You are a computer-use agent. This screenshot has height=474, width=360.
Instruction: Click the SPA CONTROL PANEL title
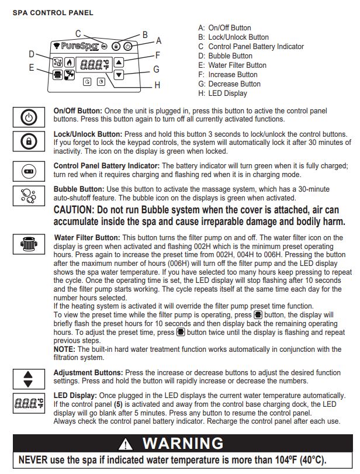[53, 13]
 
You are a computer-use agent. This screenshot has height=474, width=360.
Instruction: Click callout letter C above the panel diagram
[78, 33]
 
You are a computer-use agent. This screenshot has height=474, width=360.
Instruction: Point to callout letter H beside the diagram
[157, 85]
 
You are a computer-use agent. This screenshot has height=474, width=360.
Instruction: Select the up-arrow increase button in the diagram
[119, 62]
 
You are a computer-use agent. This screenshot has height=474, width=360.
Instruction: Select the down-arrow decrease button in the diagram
[119, 74]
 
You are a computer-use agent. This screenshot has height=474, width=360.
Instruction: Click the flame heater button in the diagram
[70, 62]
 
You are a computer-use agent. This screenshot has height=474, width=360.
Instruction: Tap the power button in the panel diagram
[128, 46]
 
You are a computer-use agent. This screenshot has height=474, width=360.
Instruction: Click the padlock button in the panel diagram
[116, 46]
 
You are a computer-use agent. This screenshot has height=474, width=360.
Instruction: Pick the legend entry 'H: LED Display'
[227, 94]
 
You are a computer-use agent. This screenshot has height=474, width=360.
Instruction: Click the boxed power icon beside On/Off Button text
[29, 117]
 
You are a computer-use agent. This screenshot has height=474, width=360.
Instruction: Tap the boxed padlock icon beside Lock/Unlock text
[29, 141]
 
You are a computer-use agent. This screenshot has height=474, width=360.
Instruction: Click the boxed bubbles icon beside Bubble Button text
[29, 195]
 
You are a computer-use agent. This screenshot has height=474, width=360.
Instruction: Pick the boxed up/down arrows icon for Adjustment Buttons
[29, 378]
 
